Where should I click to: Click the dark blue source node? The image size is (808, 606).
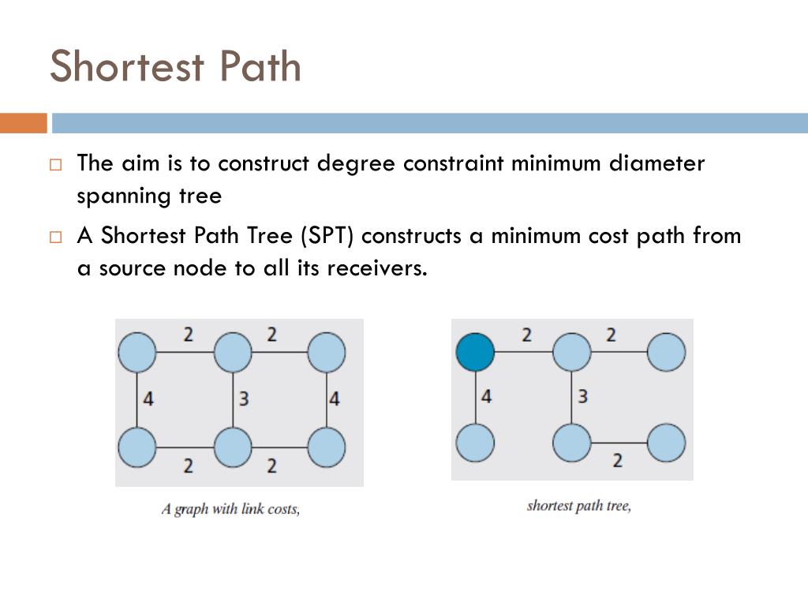(x=476, y=351)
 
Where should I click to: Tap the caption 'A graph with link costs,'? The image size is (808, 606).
(x=230, y=509)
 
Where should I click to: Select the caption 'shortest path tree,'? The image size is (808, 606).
(x=578, y=505)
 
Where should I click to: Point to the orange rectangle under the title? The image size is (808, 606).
(x=23, y=123)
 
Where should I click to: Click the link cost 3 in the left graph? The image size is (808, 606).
(x=244, y=399)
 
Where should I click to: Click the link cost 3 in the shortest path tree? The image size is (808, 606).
(x=582, y=396)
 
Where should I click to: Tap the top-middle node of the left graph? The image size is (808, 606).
(x=233, y=352)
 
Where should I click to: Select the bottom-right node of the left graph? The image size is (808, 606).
(x=326, y=447)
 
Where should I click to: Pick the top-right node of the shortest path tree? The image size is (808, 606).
(x=666, y=352)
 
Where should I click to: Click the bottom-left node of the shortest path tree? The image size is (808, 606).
(x=476, y=443)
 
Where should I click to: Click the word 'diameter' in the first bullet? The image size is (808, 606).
(x=657, y=163)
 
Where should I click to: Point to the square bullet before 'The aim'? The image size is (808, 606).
(x=54, y=165)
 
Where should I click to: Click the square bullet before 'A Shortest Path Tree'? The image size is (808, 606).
(x=54, y=237)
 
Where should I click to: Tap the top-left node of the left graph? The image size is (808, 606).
(x=137, y=352)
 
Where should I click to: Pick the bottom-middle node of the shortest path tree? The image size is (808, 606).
(x=572, y=443)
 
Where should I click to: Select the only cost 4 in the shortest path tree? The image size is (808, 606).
(x=486, y=396)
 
